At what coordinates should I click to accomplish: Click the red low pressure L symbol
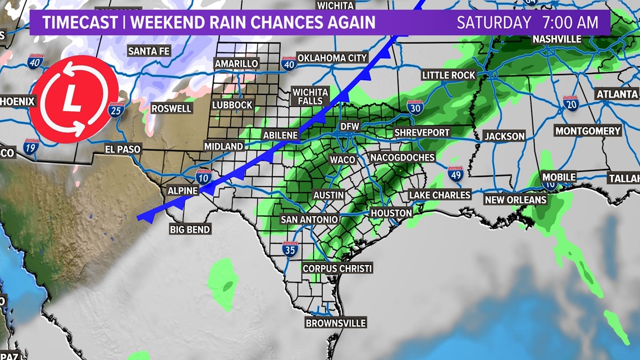[72, 99]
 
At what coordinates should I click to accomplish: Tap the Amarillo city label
[236, 63]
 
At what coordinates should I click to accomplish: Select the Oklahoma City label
[332, 58]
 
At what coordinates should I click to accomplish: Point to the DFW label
[349, 127]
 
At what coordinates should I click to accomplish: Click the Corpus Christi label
[337, 268]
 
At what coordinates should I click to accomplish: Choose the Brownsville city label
[336, 323]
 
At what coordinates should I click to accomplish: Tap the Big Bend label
[190, 229]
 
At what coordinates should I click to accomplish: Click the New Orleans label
[515, 199]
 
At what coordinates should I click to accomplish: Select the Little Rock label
[449, 75]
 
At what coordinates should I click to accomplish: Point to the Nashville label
[557, 39]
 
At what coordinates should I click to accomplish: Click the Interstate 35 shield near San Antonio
[290, 249]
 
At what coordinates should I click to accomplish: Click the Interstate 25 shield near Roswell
[116, 111]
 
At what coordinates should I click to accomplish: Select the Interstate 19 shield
[31, 148]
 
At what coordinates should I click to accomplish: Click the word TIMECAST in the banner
[80, 22]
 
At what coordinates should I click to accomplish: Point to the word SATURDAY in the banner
[493, 22]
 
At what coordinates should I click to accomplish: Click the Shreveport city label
[422, 133]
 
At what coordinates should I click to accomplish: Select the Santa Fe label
[149, 51]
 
